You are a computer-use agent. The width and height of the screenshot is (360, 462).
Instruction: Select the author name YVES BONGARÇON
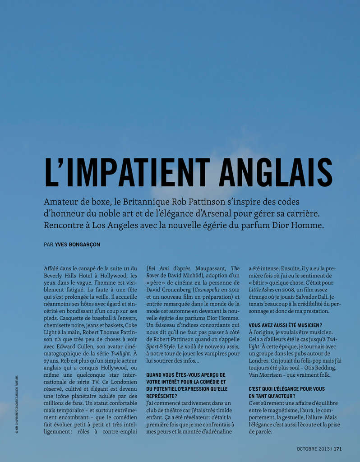pos(78,245)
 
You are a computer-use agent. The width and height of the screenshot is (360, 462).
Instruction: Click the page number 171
pos(338,449)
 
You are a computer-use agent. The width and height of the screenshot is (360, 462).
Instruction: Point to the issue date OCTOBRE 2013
pos(313,449)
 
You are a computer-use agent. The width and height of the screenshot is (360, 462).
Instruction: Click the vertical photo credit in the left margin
pos(17,405)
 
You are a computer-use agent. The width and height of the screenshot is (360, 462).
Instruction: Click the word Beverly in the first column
pos(54,275)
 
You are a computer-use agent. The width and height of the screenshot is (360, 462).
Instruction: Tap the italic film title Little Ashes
pos(263,289)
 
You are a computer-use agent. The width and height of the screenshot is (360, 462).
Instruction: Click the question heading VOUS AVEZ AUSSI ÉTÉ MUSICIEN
pos(285,325)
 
